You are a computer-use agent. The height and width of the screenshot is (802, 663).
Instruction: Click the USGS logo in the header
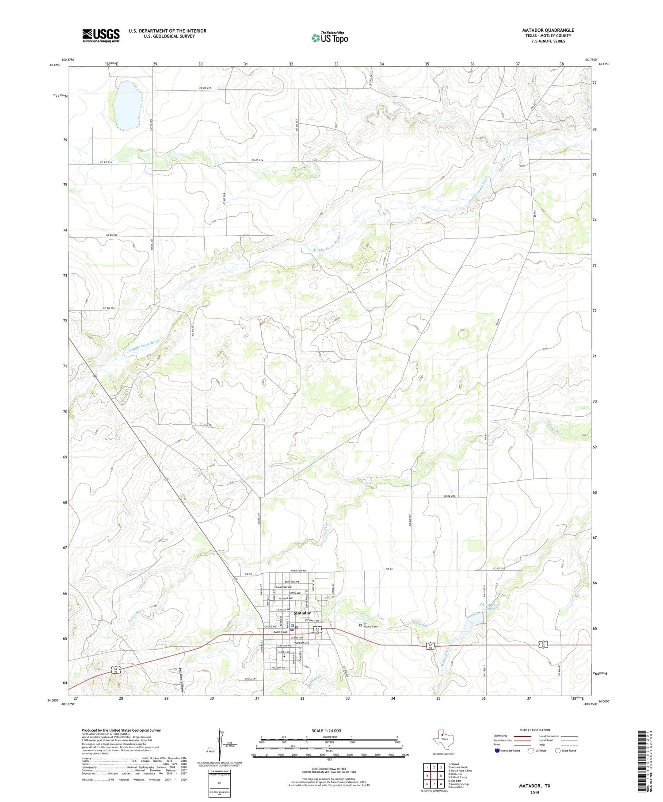click(101, 35)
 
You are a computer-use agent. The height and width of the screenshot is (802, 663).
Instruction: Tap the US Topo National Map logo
click(329, 38)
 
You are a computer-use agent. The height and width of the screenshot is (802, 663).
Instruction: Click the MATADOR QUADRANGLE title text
click(548, 30)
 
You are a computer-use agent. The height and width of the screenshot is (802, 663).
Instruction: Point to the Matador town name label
click(302, 613)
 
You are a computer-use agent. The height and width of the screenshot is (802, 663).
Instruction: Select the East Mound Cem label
click(370, 625)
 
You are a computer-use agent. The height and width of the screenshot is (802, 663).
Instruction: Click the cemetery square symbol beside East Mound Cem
click(360, 625)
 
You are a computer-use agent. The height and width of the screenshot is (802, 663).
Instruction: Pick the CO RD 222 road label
click(205, 88)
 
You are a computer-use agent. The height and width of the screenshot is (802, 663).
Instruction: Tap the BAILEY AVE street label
click(281, 632)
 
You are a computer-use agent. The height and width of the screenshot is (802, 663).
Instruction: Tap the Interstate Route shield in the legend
click(497, 751)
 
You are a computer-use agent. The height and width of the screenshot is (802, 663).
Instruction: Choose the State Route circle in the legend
click(558, 751)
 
